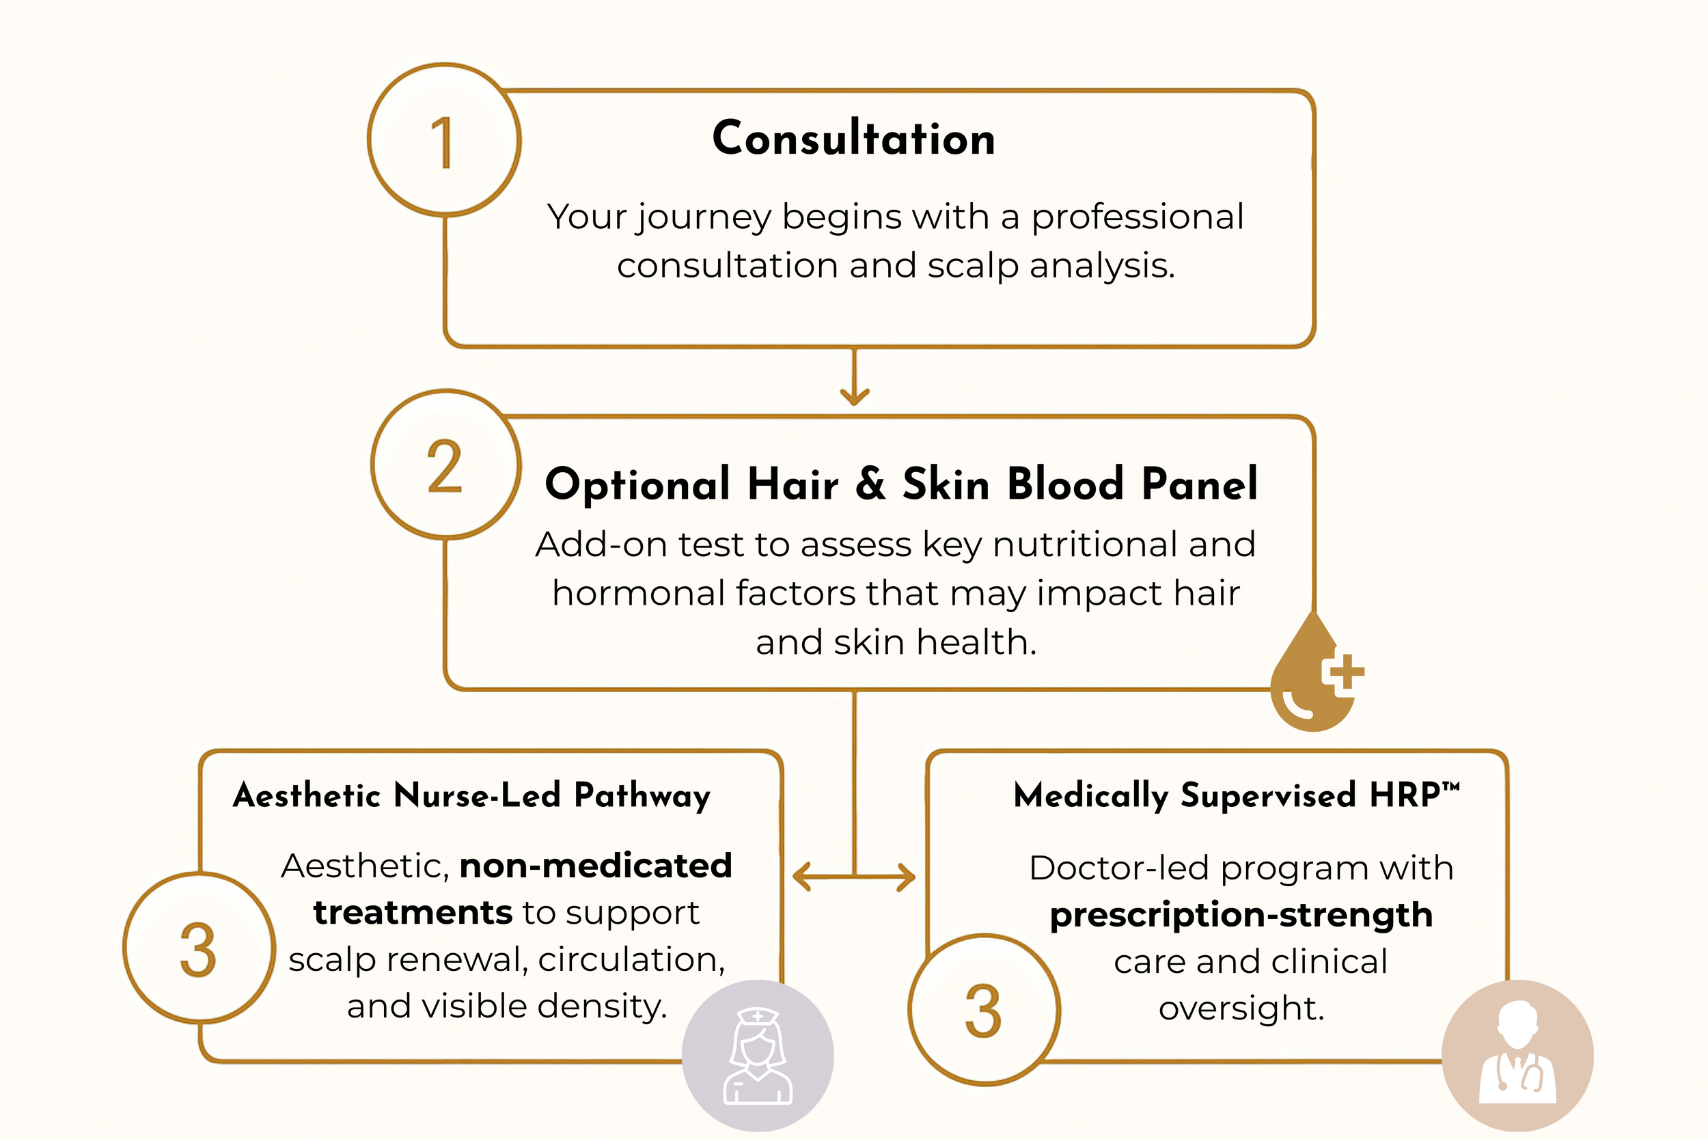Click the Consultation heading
[x=853, y=138]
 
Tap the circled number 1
[x=445, y=140]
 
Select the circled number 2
[x=446, y=465]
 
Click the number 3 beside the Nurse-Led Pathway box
[x=198, y=948]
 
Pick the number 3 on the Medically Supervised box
[x=983, y=1011]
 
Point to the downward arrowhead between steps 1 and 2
[x=855, y=396]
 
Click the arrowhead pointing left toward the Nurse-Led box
[x=801, y=876]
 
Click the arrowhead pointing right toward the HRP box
[x=908, y=876]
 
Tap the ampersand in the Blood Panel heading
[x=870, y=482]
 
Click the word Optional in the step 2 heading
[x=637, y=485]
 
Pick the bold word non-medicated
[x=596, y=866]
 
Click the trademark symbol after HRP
[x=1450, y=785]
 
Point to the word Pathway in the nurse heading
[x=642, y=796]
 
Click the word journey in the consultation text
[x=704, y=218]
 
